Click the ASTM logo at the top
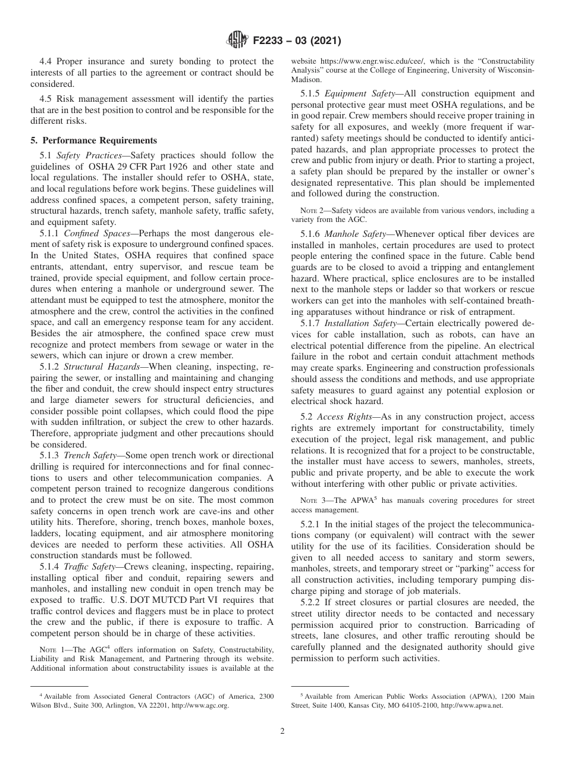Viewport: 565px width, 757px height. (x=236, y=41)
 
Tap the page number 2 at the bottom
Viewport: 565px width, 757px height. (x=282, y=731)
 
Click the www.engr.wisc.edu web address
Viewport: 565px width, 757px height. (x=382, y=61)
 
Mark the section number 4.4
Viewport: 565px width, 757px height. (x=46, y=61)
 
